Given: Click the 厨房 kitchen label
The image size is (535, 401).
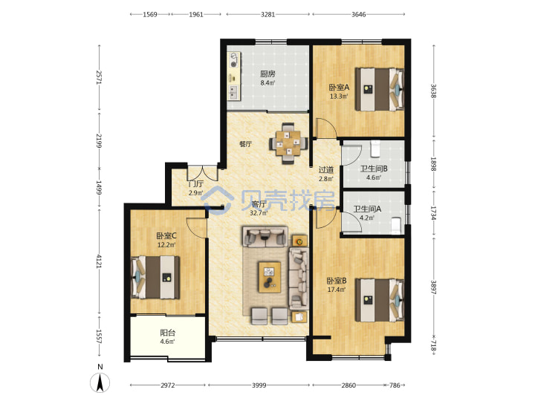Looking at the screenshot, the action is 267,74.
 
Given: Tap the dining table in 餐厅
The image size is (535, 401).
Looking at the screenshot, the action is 288,143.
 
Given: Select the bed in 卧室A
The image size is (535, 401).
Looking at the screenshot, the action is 380,89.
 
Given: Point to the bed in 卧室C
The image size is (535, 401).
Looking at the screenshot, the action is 155,277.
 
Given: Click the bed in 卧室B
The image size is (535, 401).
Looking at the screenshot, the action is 380,300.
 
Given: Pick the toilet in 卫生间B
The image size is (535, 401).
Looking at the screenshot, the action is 375,149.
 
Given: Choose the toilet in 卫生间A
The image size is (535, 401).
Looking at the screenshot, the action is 396,226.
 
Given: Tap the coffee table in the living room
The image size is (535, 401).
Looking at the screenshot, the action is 270,277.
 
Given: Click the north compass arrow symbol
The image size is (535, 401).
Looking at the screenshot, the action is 100,382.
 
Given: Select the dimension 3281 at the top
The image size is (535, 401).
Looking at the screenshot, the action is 267,14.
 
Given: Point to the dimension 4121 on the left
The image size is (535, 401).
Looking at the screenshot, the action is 100,261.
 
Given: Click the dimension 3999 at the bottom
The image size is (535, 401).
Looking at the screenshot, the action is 259,385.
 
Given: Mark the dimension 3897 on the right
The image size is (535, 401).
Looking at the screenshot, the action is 433,287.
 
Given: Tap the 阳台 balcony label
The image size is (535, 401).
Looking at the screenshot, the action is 167,333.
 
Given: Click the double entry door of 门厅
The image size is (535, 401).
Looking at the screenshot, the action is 202,173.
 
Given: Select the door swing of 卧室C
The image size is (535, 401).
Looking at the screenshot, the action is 196,226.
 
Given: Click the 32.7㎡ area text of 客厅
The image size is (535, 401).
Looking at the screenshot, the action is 259,213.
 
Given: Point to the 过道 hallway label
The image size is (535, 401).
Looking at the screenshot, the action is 326,169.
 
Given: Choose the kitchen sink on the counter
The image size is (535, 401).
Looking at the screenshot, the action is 233,91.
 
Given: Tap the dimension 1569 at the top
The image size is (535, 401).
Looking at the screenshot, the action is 150,14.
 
